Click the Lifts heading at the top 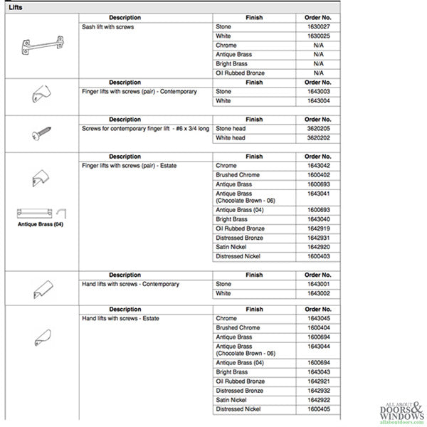[16, 7]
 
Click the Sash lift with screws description [108, 26]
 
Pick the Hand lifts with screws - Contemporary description [131, 284]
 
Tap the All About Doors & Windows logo [396, 411]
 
